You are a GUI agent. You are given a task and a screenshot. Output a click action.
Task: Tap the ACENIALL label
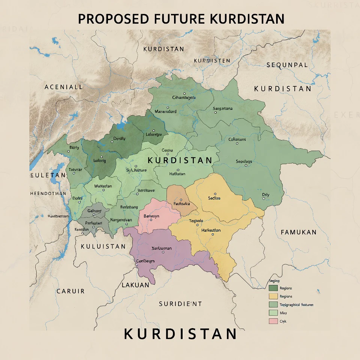(x=63, y=87)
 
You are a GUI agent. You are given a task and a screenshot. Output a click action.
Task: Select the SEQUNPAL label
(x=287, y=65)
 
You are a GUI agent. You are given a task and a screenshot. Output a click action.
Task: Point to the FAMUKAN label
(x=298, y=232)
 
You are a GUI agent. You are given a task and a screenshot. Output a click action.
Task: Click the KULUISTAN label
(x=103, y=246)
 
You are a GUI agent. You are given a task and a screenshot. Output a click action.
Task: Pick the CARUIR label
(x=70, y=291)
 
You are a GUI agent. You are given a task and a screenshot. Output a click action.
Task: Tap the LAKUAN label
(x=135, y=285)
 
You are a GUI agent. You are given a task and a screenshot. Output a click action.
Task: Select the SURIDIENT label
(x=180, y=304)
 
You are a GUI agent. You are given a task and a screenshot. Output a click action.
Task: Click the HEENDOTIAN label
(x=48, y=193)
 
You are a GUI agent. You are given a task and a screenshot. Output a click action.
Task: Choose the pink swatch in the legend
(x=273, y=321)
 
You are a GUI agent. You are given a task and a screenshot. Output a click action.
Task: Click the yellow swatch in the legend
(x=273, y=296)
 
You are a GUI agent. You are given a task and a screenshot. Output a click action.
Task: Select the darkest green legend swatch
(x=273, y=288)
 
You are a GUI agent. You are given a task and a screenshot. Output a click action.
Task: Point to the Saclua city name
(x=214, y=198)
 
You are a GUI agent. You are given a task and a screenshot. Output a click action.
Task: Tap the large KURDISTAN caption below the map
(x=180, y=334)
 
